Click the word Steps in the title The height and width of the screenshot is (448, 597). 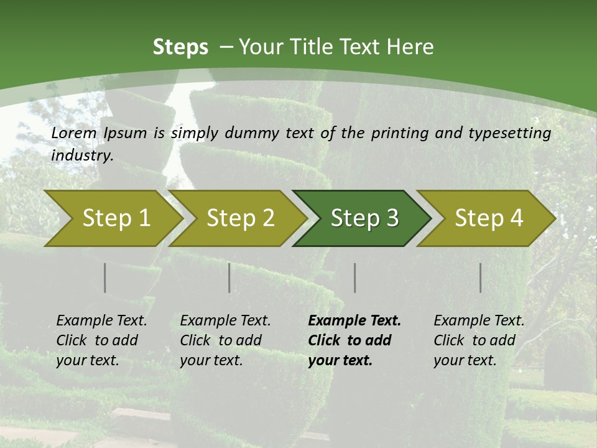click(180, 47)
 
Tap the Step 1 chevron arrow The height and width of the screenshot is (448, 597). click(116, 218)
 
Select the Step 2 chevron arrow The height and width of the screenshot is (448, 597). click(240, 218)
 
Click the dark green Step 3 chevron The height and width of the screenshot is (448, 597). click(364, 218)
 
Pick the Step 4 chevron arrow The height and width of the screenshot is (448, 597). click(489, 218)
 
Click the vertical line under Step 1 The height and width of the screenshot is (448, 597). click(105, 278)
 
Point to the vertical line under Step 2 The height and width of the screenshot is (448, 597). click(229, 278)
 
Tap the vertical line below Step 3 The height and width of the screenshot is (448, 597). click(354, 278)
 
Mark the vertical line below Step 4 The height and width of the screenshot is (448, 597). click(481, 278)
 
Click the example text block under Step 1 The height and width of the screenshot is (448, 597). click(101, 340)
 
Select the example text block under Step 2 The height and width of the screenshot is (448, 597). click(225, 340)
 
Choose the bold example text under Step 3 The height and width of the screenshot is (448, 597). click(354, 340)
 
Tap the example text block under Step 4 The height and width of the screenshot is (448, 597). click(479, 340)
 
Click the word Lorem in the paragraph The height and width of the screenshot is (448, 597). click(73, 133)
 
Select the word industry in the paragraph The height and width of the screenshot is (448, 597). click(81, 156)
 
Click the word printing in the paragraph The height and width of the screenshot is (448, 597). click(397, 133)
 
